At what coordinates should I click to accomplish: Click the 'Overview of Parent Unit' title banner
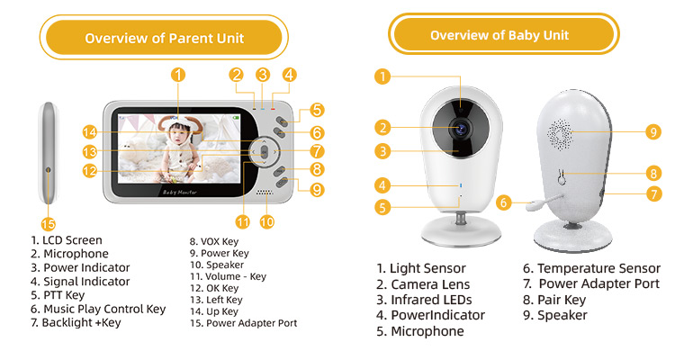click(x=164, y=38)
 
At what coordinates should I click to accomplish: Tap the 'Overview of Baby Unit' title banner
click(x=504, y=34)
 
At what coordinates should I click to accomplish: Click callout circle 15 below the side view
click(x=49, y=224)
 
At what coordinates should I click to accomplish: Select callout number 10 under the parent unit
click(x=267, y=221)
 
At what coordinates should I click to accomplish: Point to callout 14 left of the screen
click(x=89, y=132)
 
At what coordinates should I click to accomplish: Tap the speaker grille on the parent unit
click(x=265, y=193)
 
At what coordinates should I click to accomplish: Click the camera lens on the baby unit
click(x=461, y=128)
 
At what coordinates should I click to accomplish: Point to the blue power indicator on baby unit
click(x=461, y=185)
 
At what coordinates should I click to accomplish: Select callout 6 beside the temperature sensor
click(x=504, y=202)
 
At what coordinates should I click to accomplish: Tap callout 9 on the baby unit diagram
click(x=653, y=131)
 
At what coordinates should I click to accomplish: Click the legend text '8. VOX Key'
click(x=214, y=241)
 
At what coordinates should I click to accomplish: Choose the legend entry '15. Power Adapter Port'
click(x=244, y=323)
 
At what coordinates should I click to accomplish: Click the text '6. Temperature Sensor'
click(x=591, y=268)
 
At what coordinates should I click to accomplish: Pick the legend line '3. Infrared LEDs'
click(x=424, y=300)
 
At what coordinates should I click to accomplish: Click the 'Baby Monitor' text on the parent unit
click(x=180, y=192)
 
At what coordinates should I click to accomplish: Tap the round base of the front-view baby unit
click(x=461, y=231)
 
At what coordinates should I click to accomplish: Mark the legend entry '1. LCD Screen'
click(x=67, y=240)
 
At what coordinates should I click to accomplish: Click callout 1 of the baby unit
click(x=382, y=77)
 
